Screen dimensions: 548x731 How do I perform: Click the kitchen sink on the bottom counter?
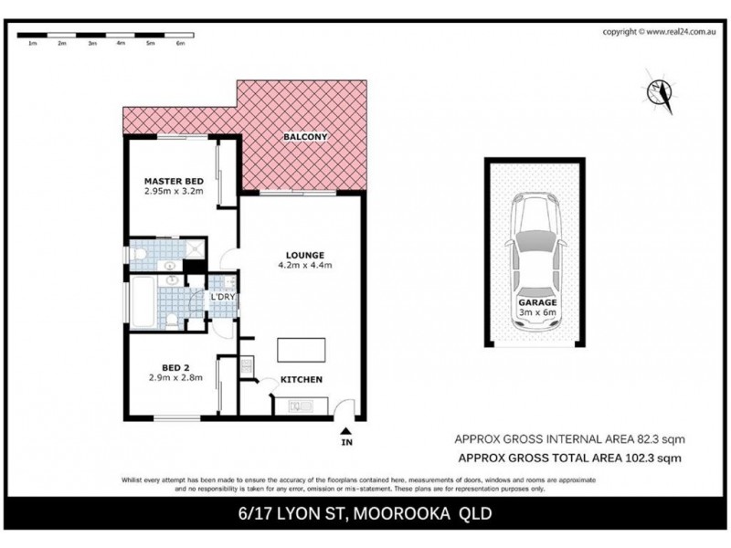coord(298,406)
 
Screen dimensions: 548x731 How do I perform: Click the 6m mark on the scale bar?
coord(181,43)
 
